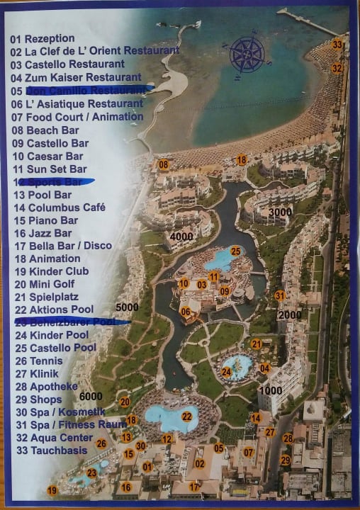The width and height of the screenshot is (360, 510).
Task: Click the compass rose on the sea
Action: point(247,55)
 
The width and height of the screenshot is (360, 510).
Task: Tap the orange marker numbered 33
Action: point(337,45)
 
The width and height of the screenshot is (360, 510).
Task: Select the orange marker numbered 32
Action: point(337,68)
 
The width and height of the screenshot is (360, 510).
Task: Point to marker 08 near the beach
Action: point(164,165)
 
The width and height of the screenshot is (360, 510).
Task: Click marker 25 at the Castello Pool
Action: point(235,251)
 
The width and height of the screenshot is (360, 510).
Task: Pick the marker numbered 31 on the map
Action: point(280,295)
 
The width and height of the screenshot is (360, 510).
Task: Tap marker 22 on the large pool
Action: point(187,416)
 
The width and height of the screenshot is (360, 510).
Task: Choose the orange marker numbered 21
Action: point(256,344)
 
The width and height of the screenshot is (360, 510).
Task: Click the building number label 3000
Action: point(281,212)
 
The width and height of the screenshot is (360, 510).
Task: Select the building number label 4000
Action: point(182,236)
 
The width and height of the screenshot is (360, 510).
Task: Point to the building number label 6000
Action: point(91,396)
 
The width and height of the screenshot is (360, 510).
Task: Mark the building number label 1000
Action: point(271,390)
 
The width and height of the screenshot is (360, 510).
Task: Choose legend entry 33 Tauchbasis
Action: point(49,450)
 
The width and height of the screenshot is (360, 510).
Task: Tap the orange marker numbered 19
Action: point(52,490)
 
